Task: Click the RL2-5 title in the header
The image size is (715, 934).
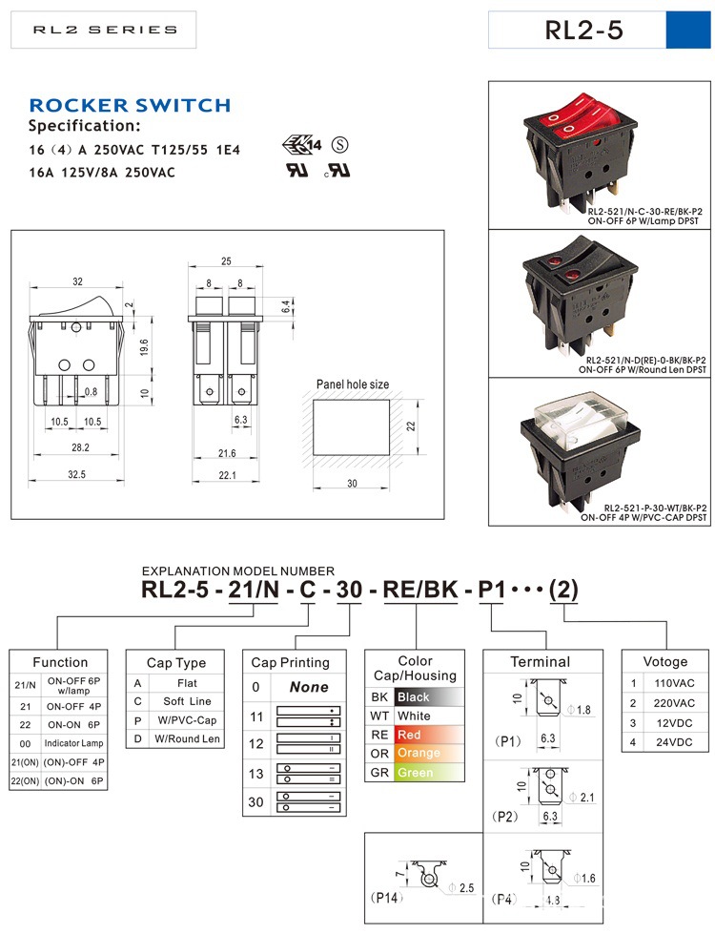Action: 583,30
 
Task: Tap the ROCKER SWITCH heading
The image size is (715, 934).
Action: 130,105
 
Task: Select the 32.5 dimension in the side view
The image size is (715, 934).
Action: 76,474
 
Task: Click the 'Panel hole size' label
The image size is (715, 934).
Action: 353,384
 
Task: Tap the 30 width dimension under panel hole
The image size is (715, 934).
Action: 351,484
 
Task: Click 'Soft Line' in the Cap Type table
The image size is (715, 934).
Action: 187,702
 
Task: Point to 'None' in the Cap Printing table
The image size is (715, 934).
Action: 308,687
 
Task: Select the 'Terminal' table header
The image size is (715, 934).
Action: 540,662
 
